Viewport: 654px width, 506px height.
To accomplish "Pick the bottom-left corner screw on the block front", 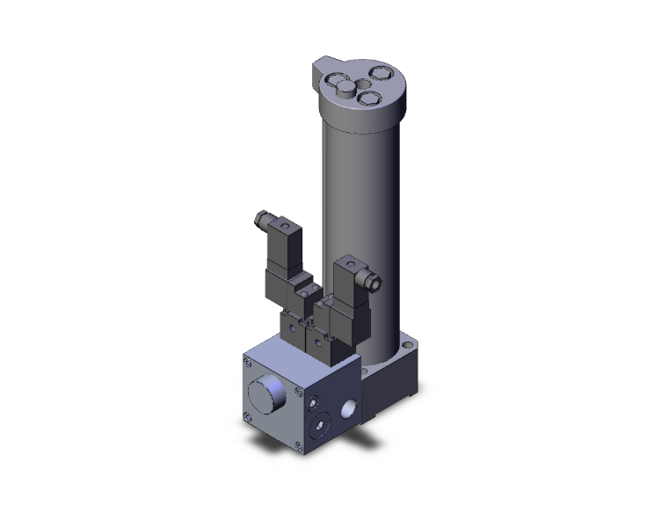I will click(248, 417).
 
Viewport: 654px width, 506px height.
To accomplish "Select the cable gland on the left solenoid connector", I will click(260, 216).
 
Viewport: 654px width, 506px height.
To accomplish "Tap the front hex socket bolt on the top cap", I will click(369, 99).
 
